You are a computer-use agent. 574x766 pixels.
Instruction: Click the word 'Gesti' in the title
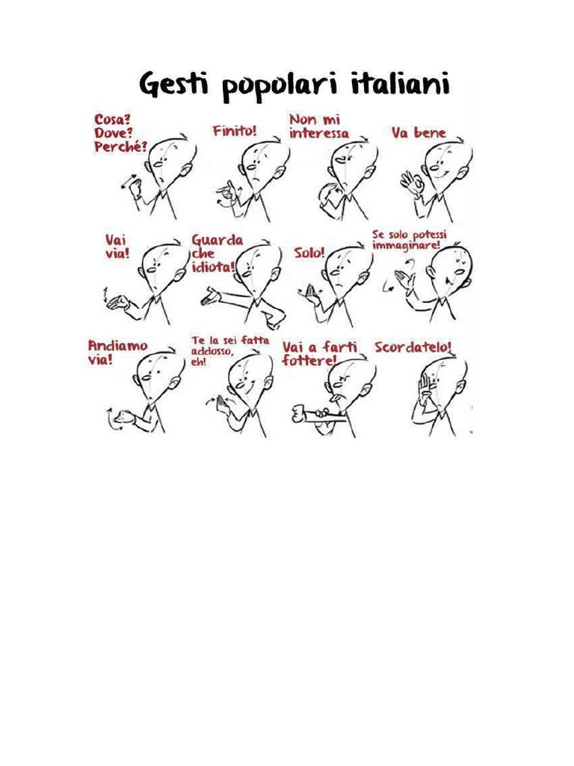click(x=173, y=85)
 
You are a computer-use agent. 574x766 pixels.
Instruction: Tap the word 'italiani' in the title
click(x=400, y=83)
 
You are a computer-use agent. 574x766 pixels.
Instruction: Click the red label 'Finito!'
click(x=234, y=131)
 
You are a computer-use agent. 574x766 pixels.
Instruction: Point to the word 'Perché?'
click(x=120, y=147)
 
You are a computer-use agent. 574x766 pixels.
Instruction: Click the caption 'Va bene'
click(x=419, y=132)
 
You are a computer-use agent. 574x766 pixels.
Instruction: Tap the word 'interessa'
click(x=318, y=133)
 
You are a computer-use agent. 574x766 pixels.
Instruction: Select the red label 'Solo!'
click(x=309, y=253)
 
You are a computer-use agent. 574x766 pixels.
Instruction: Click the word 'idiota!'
click(x=213, y=267)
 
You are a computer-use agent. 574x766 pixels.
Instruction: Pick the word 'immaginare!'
click(x=406, y=245)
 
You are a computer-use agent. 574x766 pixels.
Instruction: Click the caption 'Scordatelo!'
click(x=413, y=347)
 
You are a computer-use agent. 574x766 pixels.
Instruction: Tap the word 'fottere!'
click(x=309, y=361)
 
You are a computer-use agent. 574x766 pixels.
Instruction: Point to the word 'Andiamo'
click(x=117, y=346)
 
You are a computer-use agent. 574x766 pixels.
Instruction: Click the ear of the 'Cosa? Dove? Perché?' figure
click(x=186, y=171)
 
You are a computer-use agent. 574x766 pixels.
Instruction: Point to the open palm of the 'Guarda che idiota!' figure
click(x=211, y=296)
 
